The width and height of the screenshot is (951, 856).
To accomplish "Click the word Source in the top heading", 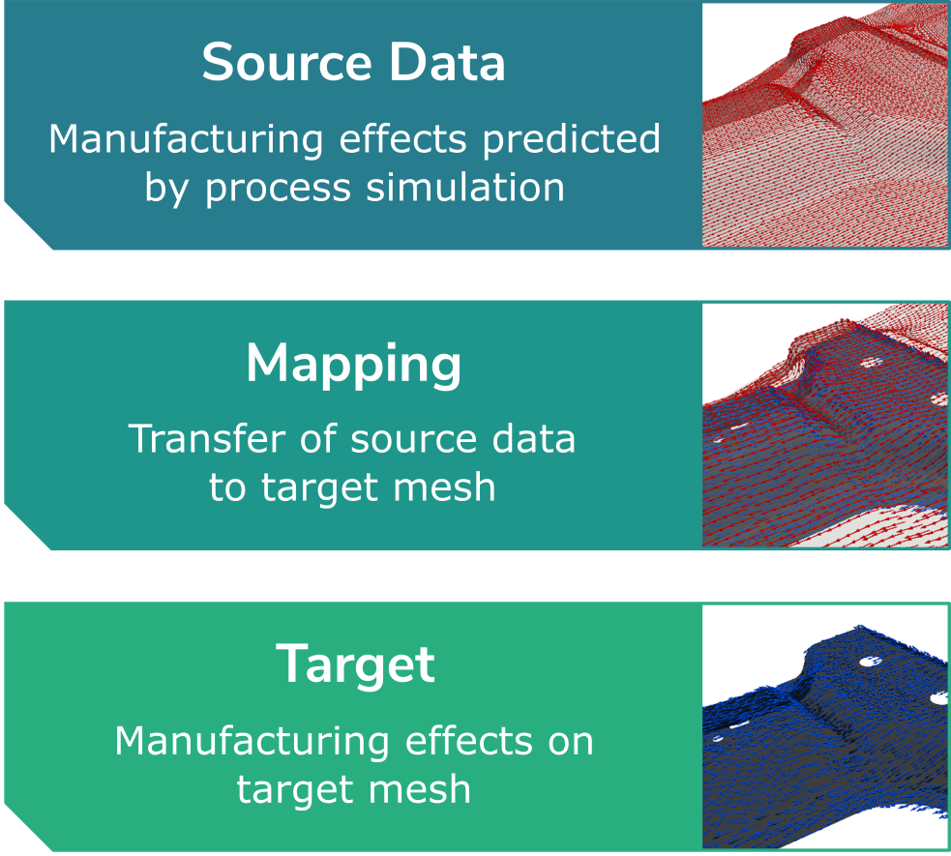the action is tap(286, 62).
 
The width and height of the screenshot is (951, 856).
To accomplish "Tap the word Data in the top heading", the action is tap(447, 62).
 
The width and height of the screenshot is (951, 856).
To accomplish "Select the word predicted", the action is tap(572, 140).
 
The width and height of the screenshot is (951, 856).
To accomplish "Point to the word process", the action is tap(278, 189).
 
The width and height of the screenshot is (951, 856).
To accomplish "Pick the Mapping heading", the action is tap(353, 365).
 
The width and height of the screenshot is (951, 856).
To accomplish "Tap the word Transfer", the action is tap(207, 438).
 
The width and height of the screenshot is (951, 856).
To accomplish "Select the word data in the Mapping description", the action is tap(533, 438).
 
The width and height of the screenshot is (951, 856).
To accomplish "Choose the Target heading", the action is tap(355, 665).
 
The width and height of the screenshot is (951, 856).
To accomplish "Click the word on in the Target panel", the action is tap(570, 743).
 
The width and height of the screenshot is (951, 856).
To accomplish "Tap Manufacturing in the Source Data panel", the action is tap(186, 140).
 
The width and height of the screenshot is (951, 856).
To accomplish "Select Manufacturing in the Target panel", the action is tap(253, 743).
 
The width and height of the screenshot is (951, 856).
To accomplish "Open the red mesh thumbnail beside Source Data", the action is tap(825, 125).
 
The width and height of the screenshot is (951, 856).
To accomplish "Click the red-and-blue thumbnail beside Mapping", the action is tap(825, 425).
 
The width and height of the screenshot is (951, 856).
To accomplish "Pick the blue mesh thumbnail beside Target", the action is tap(825, 726).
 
